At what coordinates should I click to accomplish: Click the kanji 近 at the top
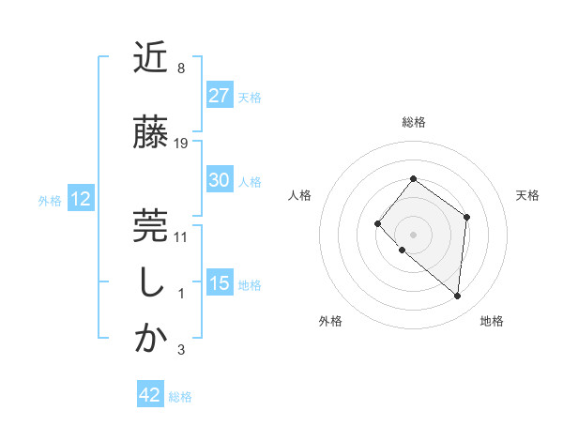click(151, 59)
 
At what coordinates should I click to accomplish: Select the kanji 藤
click(151, 133)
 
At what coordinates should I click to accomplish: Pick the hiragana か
click(151, 339)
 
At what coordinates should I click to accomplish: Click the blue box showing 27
click(220, 96)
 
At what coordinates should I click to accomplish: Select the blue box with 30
click(220, 181)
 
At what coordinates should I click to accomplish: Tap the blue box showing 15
click(220, 283)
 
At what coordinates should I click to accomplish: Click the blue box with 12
click(80, 199)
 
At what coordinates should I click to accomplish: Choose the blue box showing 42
click(150, 395)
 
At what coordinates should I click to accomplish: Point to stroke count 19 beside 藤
click(181, 144)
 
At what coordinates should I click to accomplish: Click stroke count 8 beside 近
click(180, 69)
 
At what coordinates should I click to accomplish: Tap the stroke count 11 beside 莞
click(181, 236)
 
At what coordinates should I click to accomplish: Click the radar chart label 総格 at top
click(413, 122)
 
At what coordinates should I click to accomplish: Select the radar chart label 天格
click(527, 195)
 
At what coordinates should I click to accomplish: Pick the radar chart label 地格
click(492, 322)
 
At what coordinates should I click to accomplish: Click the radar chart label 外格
click(330, 322)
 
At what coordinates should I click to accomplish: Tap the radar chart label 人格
click(300, 195)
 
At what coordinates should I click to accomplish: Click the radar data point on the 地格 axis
click(458, 297)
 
